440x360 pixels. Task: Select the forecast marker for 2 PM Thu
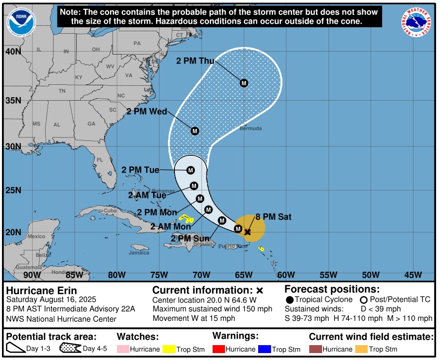click(x=244, y=83)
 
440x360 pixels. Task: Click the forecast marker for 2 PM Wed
click(x=195, y=131)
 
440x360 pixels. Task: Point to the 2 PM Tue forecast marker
click(x=191, y=170)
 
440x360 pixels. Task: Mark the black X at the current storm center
click(x=247, y=232)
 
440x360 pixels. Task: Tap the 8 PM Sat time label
click(x=273, y=217)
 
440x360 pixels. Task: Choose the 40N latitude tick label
click(x=13, y=52)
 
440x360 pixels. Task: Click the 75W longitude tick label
click(x=159, y=275)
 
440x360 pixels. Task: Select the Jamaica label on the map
click(x=139, y=253)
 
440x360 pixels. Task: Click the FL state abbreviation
click(x=99, y=160)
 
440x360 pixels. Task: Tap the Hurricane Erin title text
click(x=41, y=291)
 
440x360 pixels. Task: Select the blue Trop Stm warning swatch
click(x=264, y=349)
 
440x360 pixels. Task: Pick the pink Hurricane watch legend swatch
click(x=122, y=349)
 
